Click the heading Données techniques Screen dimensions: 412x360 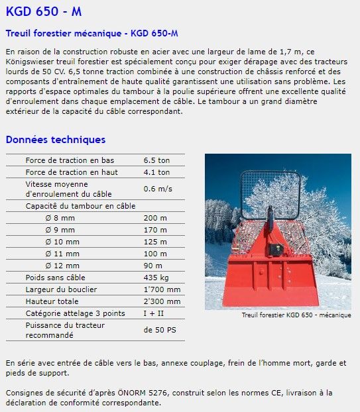55,140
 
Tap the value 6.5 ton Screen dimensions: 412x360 156,160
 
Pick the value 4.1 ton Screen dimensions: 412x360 156,172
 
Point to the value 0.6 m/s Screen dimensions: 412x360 158,189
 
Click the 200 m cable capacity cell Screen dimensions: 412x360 155,218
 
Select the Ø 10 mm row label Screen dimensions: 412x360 62,242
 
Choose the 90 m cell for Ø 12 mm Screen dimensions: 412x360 153,266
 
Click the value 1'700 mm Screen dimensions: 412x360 162,289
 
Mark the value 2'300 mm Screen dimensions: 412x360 162,301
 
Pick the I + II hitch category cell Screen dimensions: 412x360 153,313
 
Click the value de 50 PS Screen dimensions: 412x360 160,329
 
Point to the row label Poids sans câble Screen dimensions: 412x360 55,278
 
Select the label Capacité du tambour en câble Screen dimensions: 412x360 80,206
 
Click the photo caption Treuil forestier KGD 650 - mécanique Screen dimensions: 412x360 296,315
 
